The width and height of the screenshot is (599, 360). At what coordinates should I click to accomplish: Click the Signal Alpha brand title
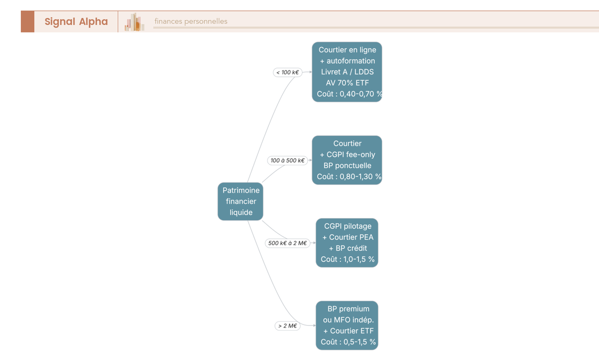click(76, 21)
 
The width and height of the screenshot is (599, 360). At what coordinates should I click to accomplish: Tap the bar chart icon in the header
click(134, 22)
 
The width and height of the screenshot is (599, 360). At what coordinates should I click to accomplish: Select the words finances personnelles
click(191, 21)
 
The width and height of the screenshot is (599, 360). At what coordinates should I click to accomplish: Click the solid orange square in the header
click(27, 21)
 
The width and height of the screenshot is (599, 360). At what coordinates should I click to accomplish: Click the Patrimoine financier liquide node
click(241, 201)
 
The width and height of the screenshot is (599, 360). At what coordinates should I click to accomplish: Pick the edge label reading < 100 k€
click(288, 72)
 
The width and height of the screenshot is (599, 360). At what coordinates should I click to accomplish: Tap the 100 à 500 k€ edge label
click(288, 160)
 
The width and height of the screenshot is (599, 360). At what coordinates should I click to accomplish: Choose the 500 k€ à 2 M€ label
click(288, 243)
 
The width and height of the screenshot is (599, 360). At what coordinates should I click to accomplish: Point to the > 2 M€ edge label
click(288, 326)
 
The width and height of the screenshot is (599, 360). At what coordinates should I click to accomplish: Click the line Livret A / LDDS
click(347, 72)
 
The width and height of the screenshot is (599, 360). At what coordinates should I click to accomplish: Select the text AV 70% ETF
click(347, 83)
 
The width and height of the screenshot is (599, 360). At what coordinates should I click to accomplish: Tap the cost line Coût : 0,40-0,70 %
click(349, 94)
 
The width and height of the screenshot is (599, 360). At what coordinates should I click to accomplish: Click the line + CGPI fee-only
click(347, 155)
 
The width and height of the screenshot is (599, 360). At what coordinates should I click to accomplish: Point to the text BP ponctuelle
click(347, 166)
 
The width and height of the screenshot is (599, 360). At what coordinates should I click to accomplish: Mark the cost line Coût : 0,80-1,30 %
click(349, 177)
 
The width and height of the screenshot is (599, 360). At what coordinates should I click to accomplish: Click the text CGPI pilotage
click(347, 226)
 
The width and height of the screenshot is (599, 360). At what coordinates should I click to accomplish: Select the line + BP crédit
click(347, 248)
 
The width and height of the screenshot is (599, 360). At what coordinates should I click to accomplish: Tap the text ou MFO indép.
click(348, 320)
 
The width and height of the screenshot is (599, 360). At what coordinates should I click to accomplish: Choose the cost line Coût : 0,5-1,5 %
click(348, 342)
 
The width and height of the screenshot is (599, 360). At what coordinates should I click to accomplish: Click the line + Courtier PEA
click(347, 237)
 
